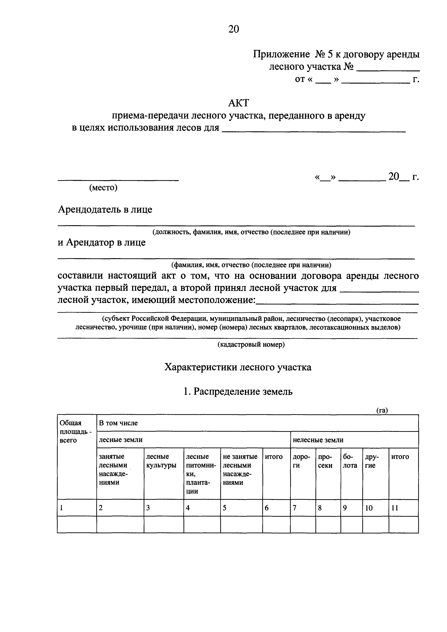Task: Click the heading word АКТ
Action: coord(238,103)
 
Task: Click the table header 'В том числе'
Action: coord(118,423)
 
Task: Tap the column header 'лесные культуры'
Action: coord(161,461)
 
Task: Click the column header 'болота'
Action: coord(350,461)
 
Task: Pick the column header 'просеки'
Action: coord(325,461)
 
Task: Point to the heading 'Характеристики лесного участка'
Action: coord(238,367)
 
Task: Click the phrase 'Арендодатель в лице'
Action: coord(105,210)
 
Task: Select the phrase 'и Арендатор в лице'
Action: coord(102,242)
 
